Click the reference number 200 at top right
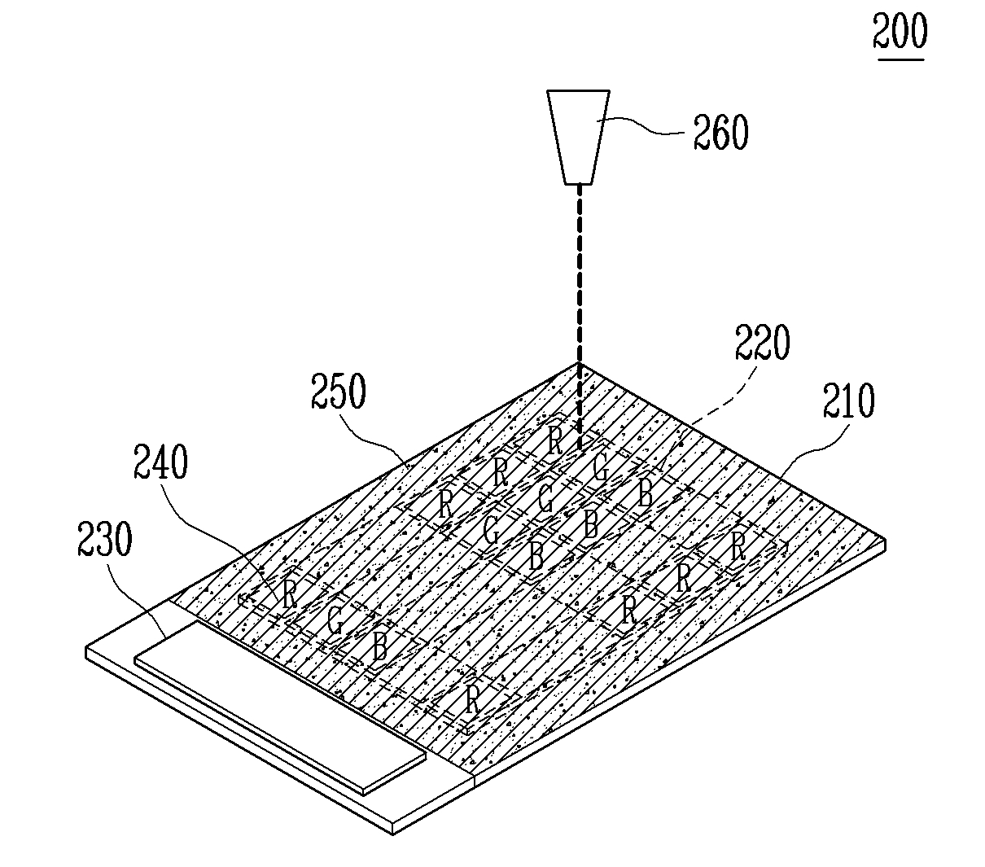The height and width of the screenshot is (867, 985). pyautogui.click(x=900, y=33)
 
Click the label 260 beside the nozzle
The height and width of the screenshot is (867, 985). pyautogui.click(x=720, y=133)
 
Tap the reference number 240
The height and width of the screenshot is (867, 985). pyautogui.click(x=160, y=471)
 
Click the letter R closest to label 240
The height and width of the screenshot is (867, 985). pyautogui.click(x=290, y=593)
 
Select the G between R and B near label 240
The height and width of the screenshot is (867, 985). pyautogui.click(x=334, y=621)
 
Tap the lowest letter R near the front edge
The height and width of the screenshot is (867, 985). pyautogui.click(x=472, y=698)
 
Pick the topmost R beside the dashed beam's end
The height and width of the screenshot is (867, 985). pyautogui.click(x=555, y=440)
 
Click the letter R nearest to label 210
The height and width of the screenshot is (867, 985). pyautogui.click(x=738, y=545)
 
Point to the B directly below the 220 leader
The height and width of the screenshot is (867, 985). pyautogui.click(x=644, y=493)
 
